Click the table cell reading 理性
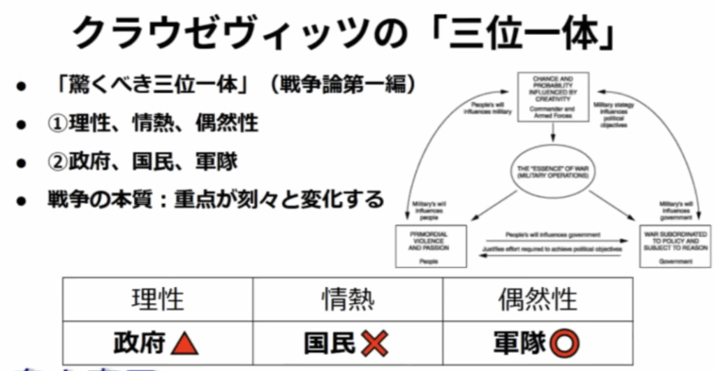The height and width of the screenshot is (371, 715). click(158, 299)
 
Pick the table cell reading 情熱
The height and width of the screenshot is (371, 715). click(348, 299)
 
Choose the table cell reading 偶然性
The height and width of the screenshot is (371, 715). click(538, 299)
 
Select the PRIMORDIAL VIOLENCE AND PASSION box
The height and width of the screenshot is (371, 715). click(429, 245)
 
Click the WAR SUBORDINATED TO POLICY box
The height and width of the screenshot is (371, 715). click(675, 245)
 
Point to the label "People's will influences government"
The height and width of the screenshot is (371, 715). click(552, 235)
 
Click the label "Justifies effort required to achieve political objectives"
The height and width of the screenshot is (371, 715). click(552, 249)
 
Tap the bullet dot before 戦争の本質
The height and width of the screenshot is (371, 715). click(22, 201)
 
